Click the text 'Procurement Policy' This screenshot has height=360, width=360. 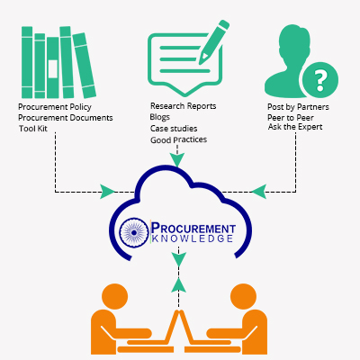(x=55, y=107)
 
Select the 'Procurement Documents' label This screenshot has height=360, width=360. (x=66, y=118)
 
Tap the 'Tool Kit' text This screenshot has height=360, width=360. (x=33, y=129)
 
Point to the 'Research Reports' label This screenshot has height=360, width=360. (x=183, y=106)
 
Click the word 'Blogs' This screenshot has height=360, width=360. (x=160, y=117)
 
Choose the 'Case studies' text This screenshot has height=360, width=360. (x=174, y=129)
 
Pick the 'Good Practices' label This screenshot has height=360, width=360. (x=178, y=139)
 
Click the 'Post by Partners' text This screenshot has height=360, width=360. (x=298, y=107)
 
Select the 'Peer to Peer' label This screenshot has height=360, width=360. (x=291, y=117)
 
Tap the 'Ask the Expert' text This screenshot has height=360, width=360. (x=295, y=127)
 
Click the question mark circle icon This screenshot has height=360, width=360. (x=320, y=80)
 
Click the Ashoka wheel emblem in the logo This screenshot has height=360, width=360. (x=134, y=232)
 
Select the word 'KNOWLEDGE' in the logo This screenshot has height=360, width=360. (x=193, y=238)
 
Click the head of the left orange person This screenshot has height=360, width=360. (x=115, y=297)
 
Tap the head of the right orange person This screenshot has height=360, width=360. (x=243, y=297)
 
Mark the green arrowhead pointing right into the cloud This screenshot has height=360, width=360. (x=107, y=192)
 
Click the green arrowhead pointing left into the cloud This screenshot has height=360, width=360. (x=259, y=192)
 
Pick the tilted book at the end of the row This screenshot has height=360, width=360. (x=85, y=66)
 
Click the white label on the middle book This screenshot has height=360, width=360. (x=53, y=69)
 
